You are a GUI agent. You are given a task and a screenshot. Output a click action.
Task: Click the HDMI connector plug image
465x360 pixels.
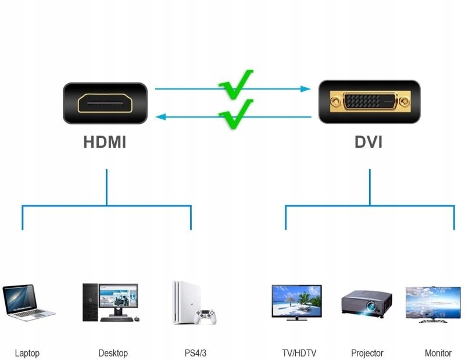pos(105,103)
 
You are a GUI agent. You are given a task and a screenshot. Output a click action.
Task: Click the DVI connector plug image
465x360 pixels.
pos(369,102)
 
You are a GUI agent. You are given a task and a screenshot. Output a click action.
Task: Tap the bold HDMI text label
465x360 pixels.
pos(105,142)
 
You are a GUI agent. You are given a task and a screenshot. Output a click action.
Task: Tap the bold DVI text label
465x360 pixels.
pos(369,142)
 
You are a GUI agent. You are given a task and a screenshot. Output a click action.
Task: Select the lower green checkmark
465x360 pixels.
pos(237,113)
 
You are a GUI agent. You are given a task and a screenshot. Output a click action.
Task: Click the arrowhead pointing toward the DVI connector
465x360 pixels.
pos(305,89)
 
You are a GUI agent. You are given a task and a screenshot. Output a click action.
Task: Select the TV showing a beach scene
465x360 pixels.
pos(296,301)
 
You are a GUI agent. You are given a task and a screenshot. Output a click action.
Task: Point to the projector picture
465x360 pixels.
pos(366,304)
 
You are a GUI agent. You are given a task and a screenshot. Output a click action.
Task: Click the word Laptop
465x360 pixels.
pos(27,352)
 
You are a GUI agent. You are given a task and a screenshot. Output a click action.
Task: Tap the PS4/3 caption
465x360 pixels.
pos(195,352)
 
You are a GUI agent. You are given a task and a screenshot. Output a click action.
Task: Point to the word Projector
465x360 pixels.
pos(367,352)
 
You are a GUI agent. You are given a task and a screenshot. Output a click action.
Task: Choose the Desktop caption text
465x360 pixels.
pos(113,352)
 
